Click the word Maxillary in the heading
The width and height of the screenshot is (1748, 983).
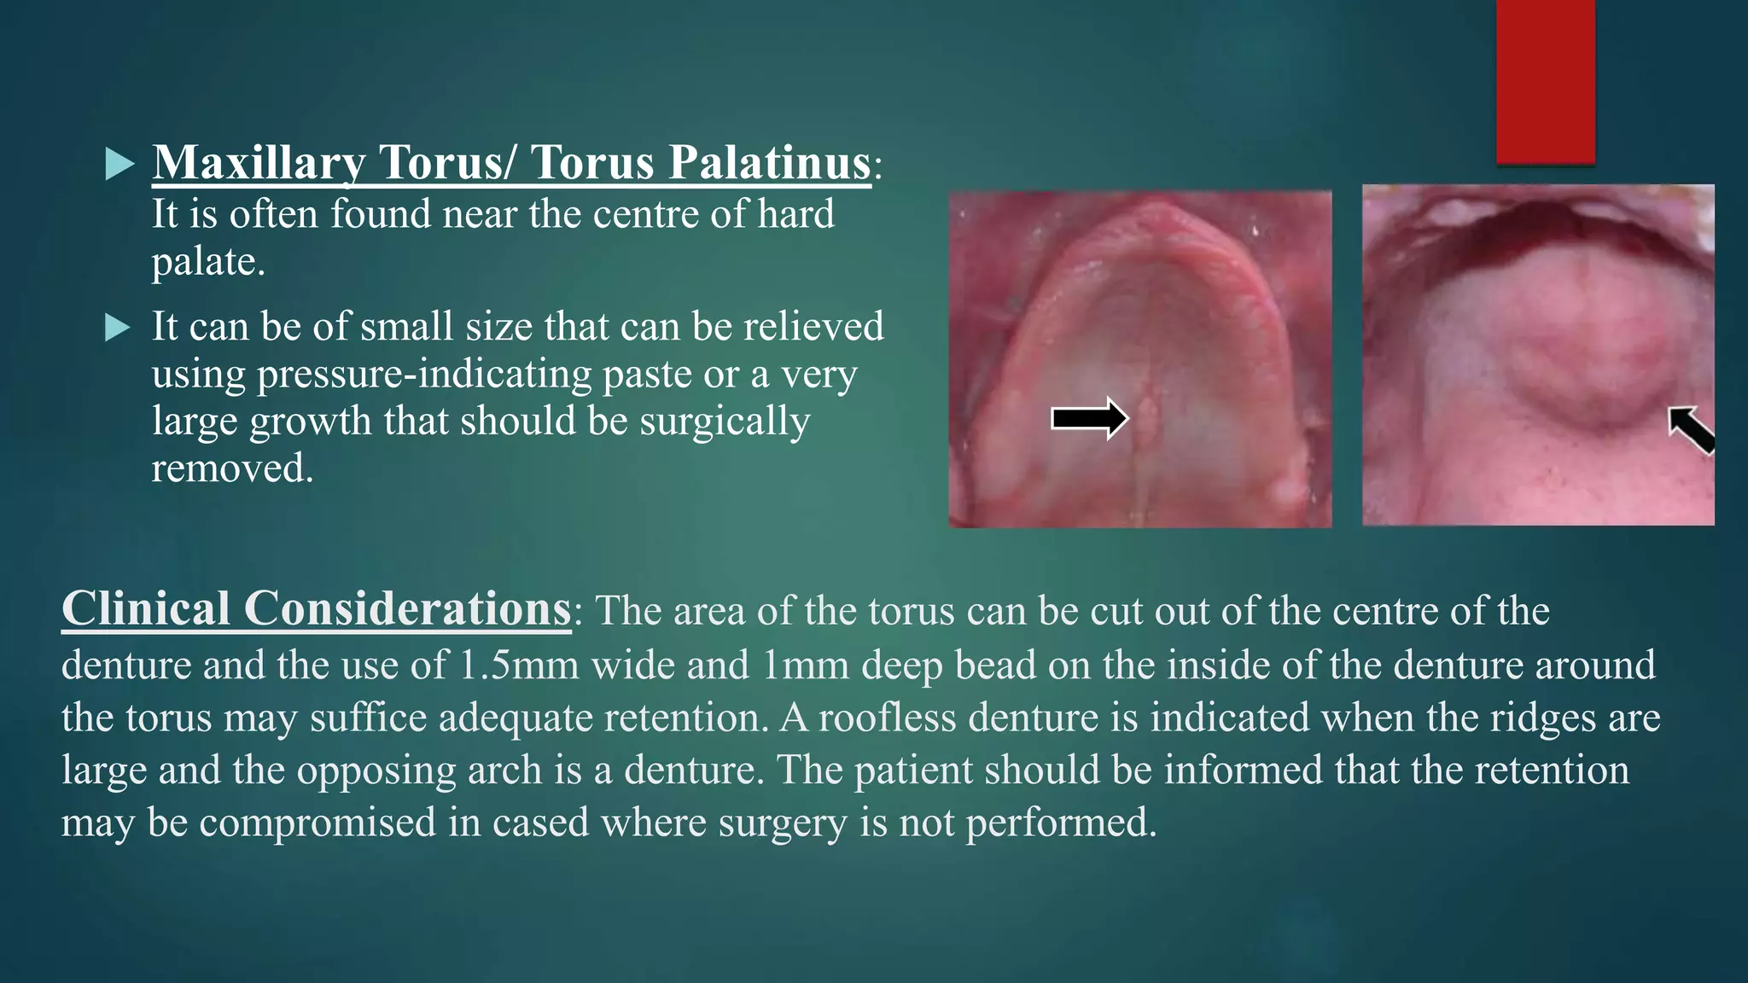coord(259,162)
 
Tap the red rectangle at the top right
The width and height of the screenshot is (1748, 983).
coord(1545,81)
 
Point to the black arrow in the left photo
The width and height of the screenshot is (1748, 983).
coord(1089,418)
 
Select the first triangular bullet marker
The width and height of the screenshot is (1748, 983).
coord(119,164)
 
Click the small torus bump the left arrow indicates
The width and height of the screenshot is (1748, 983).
coord(1146,416)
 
